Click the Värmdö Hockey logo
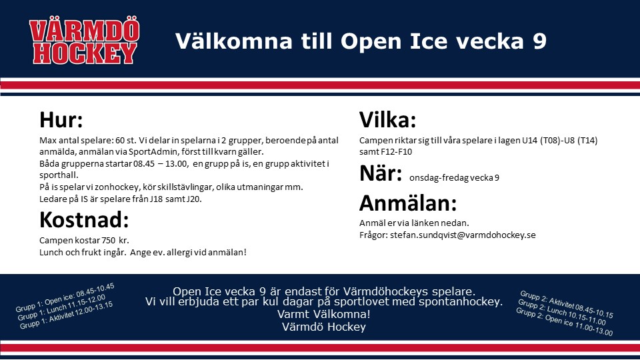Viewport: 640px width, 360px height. [85, 40]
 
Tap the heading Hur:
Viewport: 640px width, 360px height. [61, 120]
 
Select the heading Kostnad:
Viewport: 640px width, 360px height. [84, 220]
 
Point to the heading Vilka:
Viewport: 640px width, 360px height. [388, 120]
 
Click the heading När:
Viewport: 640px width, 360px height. [381, 173]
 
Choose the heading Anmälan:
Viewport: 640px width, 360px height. [408, 203]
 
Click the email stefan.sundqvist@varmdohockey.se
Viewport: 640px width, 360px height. [463, 235]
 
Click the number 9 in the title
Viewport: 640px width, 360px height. [539, 41]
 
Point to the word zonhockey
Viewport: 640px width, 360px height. [117, 187]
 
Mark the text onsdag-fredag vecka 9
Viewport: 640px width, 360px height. [454, 178]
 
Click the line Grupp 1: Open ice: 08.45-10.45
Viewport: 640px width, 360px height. [65, 297]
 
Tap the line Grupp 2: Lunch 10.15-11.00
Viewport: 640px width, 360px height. [561, 312]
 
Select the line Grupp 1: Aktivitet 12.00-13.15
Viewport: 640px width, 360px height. [66, 315]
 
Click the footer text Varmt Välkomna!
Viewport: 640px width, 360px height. [324, 314]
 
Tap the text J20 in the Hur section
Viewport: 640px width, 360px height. [194, 199]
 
